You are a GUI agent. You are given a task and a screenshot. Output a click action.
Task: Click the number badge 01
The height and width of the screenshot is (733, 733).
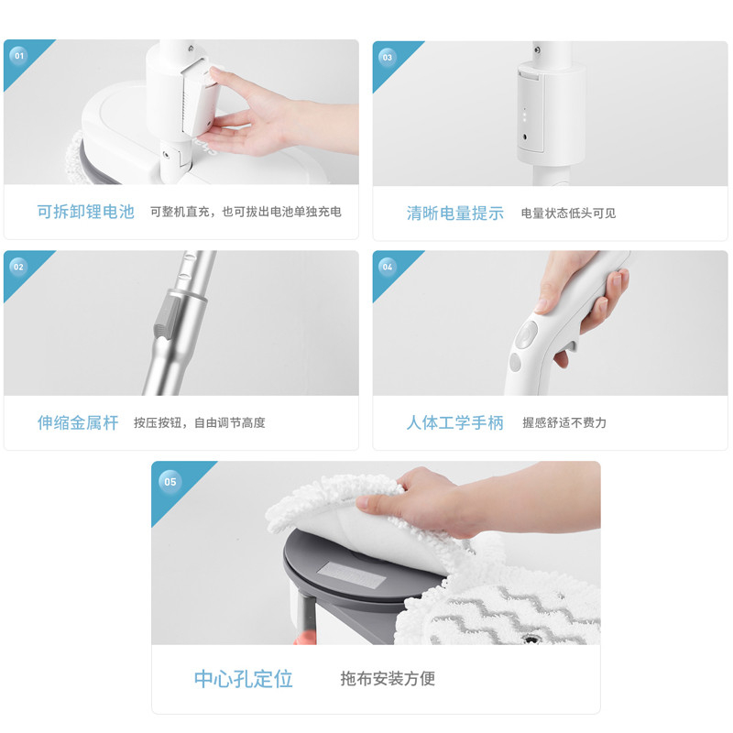point(18,56)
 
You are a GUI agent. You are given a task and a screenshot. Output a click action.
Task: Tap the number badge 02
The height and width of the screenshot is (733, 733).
point(18,267)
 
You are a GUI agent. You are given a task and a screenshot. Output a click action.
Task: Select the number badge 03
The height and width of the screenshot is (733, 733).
point(388,58)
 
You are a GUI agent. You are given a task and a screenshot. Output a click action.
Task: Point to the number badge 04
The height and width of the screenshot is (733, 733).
point(388,267)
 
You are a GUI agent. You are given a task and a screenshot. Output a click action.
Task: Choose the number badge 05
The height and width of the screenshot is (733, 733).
point(170,482)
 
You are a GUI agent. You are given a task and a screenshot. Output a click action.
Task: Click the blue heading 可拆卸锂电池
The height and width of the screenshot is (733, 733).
point(86,212)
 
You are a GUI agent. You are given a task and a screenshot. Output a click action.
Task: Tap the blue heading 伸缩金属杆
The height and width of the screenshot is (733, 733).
point(78,422)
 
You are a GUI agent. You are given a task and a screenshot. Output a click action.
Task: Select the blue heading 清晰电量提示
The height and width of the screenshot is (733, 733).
point(455,213)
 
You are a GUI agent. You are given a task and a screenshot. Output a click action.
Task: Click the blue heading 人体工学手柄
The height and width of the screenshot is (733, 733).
point(455,422)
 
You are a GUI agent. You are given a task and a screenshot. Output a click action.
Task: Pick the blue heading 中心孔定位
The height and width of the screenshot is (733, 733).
point(244,679)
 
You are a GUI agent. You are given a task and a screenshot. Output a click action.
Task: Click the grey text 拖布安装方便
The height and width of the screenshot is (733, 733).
point(388,678)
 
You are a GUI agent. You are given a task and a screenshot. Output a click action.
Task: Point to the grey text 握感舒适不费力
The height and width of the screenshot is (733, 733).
point(564,422)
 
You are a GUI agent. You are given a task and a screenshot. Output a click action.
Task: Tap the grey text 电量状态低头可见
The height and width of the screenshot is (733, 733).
point(568,213)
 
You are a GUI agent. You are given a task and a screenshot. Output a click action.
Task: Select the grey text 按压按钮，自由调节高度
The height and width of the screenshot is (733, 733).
point(200,422)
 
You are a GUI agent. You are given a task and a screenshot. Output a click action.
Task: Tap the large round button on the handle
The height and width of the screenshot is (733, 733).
point(526,334)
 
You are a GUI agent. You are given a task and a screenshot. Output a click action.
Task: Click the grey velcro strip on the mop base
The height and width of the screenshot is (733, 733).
point(352,575)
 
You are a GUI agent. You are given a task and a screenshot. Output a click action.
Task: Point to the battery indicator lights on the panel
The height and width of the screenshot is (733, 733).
point(524,115)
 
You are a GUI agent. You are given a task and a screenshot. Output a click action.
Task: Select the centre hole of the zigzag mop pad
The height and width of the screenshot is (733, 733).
point(531,639)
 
